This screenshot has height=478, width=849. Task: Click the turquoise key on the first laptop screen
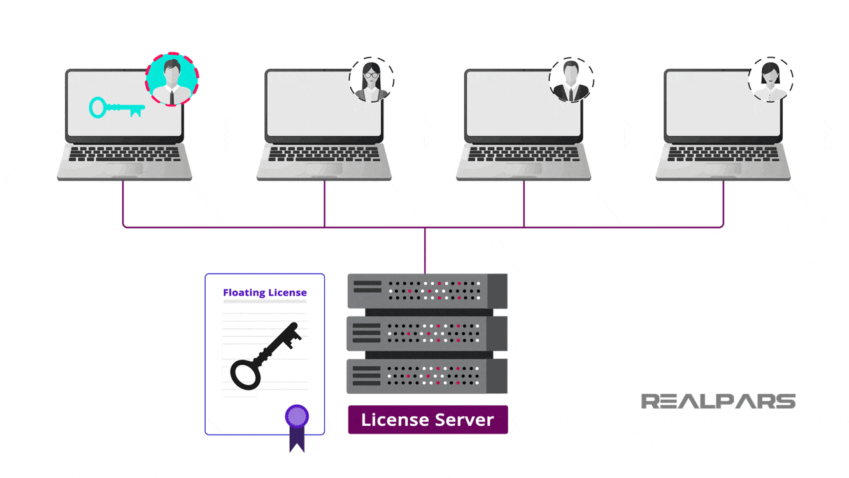pyautogui.click(x=116, y=108)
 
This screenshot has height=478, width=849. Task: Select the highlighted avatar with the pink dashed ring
pyautogui.click(x=172, y=80)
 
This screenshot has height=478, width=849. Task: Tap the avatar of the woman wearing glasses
pyautogui.click(x=371, y=80)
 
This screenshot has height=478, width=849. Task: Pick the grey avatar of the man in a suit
pyautogui.click(x=571, y=80)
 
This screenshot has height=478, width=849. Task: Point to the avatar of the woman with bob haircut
pyautogui.click(x=771, y=80)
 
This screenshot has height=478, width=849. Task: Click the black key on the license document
pyautogui.click(x=265, y=356)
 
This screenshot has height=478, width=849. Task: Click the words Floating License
pyautogui.click(x=264, y=293)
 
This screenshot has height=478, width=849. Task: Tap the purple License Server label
pyautogui.click(x=427, y=420)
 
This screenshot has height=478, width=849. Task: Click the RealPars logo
pyautogui.click(x=718, y=401)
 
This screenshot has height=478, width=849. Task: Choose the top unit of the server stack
pyautogui.click(x=427, y=291)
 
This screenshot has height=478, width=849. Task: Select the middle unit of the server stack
pyautogui.click(x=427, y=333)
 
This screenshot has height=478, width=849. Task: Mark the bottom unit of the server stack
pyautogui.click(x=427, y=376)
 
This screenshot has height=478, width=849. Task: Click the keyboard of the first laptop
pyautogui.click(x=124, y=154)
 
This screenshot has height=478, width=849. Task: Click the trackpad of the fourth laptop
pyautogui.click(x=723, y=168)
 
